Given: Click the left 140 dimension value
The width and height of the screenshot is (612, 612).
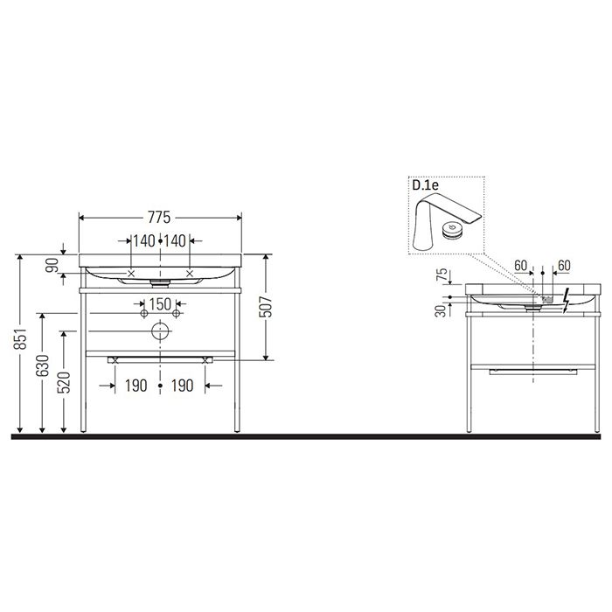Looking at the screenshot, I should point(143,240).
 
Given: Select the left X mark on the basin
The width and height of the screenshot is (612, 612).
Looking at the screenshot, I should point(132,274).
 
